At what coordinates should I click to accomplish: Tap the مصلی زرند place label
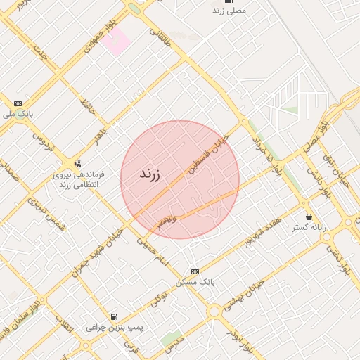coord(229,12)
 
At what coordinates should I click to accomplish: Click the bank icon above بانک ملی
coord(18,103)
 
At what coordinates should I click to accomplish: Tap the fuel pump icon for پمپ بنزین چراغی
coord(113,316)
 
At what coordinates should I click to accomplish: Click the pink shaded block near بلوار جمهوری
coord(115,40)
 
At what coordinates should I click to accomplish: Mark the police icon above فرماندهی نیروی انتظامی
coord(77,163)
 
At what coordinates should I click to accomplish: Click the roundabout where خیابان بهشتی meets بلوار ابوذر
coord(214,311)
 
